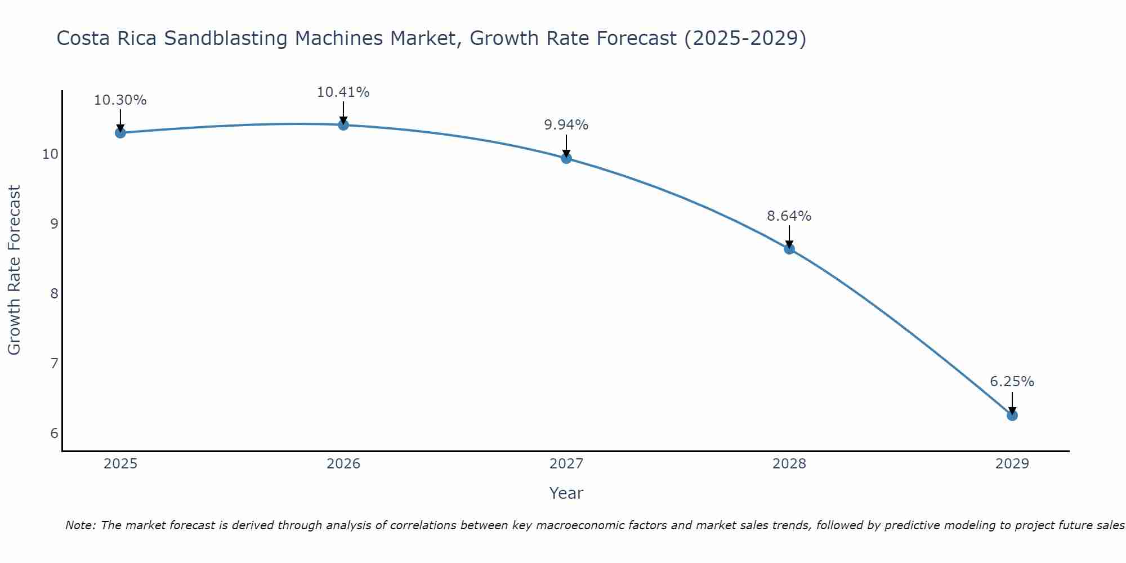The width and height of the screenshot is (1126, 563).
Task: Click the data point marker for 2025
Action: pos(120,133)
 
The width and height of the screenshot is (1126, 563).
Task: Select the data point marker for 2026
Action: pos(343,125)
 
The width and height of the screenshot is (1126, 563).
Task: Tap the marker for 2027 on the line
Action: pos(566,158)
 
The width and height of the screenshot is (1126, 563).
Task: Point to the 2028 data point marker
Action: pos(789,249)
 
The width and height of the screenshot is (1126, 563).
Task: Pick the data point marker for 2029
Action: pos(1012,415)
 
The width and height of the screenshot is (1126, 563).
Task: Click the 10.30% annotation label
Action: pos(120,100)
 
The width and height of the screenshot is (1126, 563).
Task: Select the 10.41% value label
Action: pos(343,92)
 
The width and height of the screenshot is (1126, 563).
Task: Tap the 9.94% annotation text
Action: pos(566,125)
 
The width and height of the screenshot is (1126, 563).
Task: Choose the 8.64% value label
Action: pos(789,216)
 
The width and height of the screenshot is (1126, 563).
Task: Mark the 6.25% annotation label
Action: pos(1012,382)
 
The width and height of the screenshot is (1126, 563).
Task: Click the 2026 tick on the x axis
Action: pos(343,464)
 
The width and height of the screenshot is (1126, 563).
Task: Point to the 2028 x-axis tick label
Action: pos(789,464)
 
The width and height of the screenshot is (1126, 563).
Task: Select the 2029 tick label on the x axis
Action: pos(1012,464)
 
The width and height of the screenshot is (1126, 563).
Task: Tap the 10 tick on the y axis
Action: pos(50,154)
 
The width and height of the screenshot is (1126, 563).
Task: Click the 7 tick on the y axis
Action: pos(54,364)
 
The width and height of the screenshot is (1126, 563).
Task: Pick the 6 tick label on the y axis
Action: pos(54,433)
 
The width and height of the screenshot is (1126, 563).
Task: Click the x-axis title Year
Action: pos(566,493)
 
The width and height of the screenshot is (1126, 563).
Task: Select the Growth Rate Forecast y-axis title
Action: pos(15,270)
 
